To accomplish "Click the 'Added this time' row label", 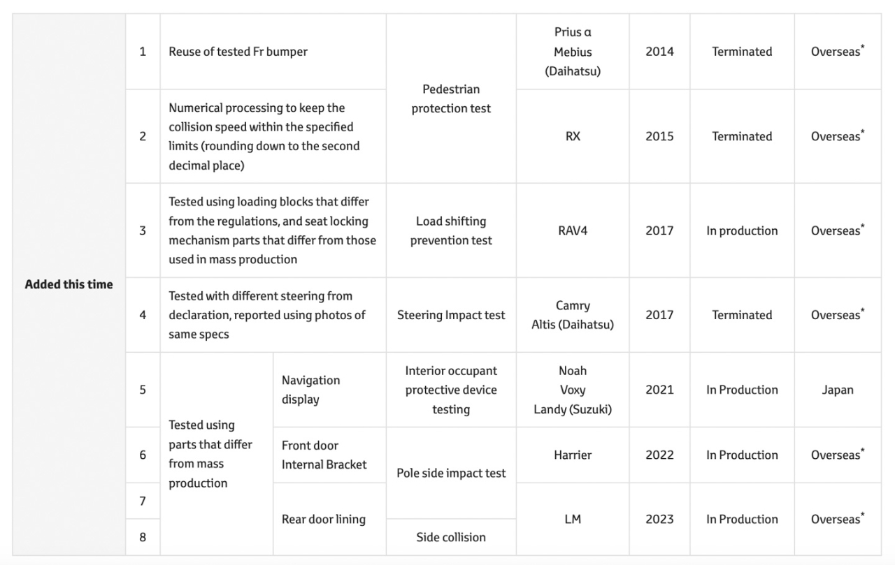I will [x=69, y=284].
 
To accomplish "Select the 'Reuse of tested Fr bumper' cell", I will [x=238, y=52].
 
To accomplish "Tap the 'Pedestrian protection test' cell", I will [x=451, y=98].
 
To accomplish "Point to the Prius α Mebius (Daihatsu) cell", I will [x=573, y=52].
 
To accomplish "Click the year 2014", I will [x=659, y=52].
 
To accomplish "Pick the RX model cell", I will [x=573, y=136].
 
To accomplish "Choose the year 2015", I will [x=659, y=136].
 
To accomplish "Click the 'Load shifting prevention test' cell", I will [x=451, y=230].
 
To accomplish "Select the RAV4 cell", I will [x=573, y=230].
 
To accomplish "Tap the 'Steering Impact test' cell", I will [x=451, y=315].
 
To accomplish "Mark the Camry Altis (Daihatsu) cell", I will [x=573, y=315].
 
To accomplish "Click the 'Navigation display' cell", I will [x=310, y=390].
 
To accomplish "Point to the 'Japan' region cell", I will [x=838, y=390].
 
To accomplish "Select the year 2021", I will [x=659, y=390].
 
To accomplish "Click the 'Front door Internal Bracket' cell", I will [x=324, y=455].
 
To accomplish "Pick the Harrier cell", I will [x=573, y=455].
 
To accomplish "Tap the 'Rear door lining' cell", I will [x=323, y=519].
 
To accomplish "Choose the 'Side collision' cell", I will [x=451, y=537].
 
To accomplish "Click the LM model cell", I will [x=573, y=519].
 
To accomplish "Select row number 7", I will [x=143, y=501].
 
